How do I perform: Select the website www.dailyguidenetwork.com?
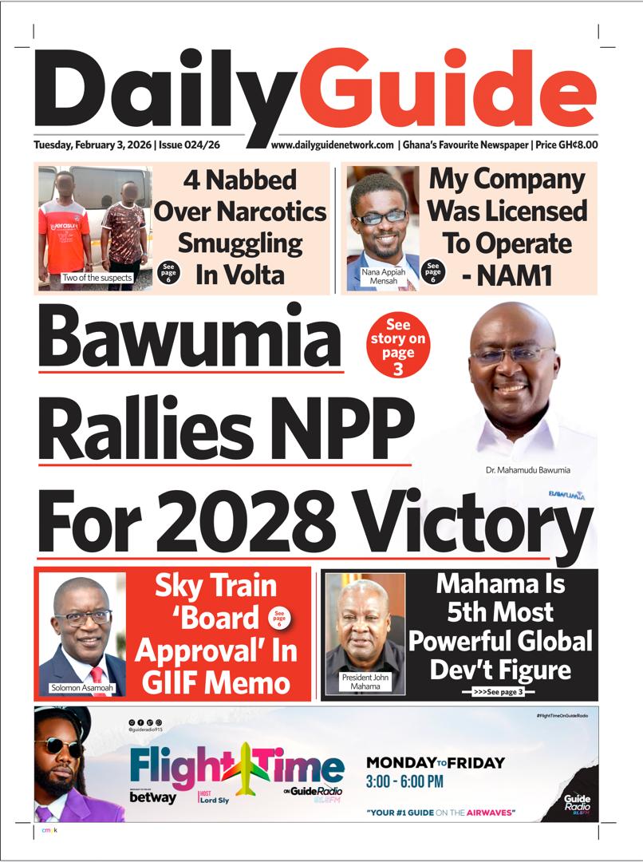(x=332, y=145)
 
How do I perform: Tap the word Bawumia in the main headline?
(x=190, y=338)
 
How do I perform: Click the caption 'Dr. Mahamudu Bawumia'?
(x=527, y=470)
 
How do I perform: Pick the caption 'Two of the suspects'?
(x=96, y=278)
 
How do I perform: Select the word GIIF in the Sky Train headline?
(x=172, y=682)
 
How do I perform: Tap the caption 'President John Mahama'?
(x=365, y=682)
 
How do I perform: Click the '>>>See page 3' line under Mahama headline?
(x=498, y=692)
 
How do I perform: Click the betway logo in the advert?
(x=152, y=797)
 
